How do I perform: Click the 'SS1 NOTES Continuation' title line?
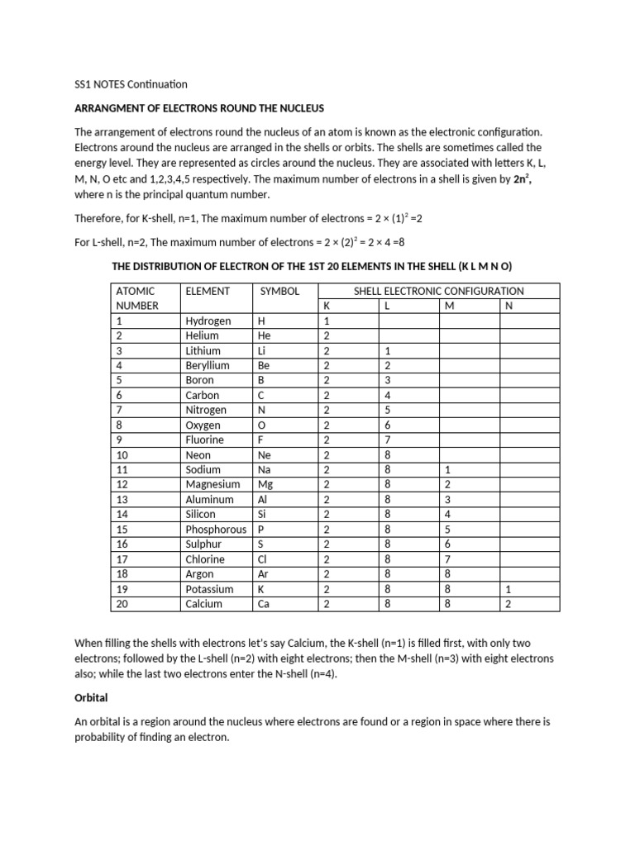[131, 84]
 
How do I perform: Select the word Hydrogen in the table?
[208, 321]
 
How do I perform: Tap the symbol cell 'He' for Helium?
[265, 335]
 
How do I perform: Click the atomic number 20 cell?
[124, 604]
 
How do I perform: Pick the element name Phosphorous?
[216, 530]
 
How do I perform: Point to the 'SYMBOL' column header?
[279, 291]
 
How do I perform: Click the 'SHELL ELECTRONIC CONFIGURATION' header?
[438, 291]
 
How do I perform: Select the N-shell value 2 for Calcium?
[508, 604]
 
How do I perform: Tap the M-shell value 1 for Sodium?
[447, 470]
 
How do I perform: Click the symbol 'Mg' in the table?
[265, 485]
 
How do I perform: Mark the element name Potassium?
[209, 589]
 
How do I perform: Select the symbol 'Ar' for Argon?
[265, 574]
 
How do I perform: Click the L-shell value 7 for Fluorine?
[388, 440]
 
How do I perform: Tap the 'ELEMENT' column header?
[208, 291]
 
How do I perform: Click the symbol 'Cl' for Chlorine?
[264, 559]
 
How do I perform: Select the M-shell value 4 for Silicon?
[447, 515]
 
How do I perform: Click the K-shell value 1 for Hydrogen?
[327, 321]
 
